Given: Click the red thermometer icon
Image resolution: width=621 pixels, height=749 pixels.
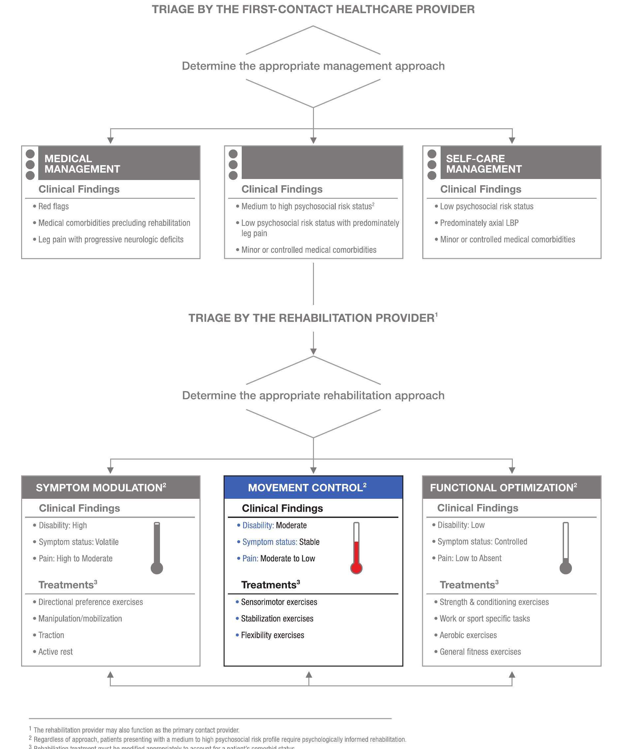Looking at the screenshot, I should click(356, 548).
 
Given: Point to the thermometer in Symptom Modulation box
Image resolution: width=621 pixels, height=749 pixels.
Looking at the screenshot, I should click(157, 548).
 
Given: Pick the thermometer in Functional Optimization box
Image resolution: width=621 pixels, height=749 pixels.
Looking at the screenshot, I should click(565, 548).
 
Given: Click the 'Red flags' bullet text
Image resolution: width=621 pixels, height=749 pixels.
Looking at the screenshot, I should click(53, 206).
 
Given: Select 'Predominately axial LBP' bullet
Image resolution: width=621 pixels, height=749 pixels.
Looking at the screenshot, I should click(479, 223).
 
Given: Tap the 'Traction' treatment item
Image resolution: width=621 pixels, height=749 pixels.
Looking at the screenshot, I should click(51, 635).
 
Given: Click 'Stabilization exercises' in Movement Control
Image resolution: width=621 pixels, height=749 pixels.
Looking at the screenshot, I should click(277, 618).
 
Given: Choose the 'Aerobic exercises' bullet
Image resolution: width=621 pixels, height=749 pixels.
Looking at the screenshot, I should click(468, 635).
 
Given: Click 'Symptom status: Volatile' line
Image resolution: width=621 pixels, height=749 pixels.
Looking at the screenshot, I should click(78, 542).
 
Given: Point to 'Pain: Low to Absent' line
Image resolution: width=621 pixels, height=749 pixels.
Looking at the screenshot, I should click(469, 558).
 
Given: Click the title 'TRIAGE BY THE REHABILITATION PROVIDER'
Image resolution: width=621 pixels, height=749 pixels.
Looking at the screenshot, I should click(311, 318).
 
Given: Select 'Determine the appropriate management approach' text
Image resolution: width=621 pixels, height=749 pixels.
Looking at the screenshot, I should click(313, 66).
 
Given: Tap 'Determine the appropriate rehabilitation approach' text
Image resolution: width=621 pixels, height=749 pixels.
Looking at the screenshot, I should click(313, 396).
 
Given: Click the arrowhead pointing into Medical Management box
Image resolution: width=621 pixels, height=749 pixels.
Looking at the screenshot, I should click(110, 140).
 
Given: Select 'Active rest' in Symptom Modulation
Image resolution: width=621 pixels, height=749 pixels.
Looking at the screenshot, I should click(55, 652).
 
